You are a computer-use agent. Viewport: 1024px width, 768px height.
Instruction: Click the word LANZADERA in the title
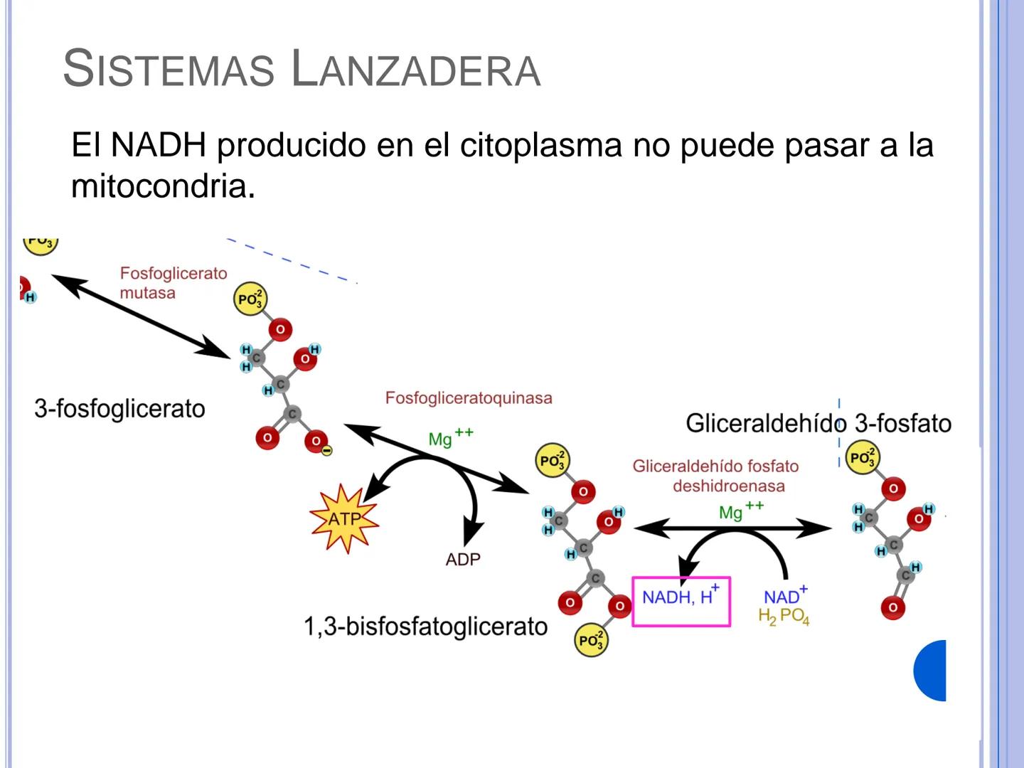click(x=416, y=70)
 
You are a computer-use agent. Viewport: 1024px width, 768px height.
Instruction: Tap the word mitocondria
click(x=159, y=186)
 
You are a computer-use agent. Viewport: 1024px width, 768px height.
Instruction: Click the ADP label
click(x=463, y=560)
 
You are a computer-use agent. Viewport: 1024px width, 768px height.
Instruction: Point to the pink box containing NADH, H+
click(x=681, y=602)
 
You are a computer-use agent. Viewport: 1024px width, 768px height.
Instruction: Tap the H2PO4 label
click(x=784, y=617)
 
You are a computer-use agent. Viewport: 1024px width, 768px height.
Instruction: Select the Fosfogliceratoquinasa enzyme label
click(x=469, y=398)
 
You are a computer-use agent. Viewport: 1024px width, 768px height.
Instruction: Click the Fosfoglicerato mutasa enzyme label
click(x=173, y=282)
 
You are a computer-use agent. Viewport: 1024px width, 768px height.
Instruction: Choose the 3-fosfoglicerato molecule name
click(x=119, y=409)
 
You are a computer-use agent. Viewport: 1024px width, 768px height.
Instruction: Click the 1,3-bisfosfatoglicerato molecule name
click(x=425, y=626)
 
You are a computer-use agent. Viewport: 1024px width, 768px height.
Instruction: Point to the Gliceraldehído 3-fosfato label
click(x=818, y=423)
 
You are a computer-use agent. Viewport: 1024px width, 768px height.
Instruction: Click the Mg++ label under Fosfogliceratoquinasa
click(x=450, y=437)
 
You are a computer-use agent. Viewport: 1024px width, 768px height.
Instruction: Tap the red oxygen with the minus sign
click(x=317, y=442)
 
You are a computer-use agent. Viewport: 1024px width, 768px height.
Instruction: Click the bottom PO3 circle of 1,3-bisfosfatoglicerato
click(x=591, y=640)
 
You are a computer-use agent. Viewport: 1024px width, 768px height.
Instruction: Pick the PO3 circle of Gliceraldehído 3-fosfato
click(x=862, y=458)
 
